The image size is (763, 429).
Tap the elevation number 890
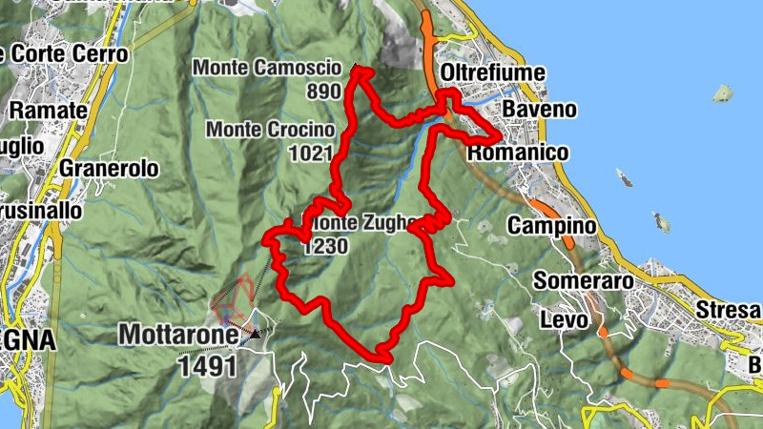[324, 92]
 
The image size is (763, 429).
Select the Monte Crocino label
[271, 129]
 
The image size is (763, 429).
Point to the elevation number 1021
[316, 153]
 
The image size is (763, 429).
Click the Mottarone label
[176, 335]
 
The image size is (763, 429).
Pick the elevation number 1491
[206, 363]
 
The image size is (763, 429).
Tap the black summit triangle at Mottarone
[256, 335]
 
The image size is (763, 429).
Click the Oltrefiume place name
[493, 72]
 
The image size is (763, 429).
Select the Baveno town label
[539, 109]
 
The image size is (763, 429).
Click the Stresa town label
[732, 310]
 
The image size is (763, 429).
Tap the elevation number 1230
[324, 246]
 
